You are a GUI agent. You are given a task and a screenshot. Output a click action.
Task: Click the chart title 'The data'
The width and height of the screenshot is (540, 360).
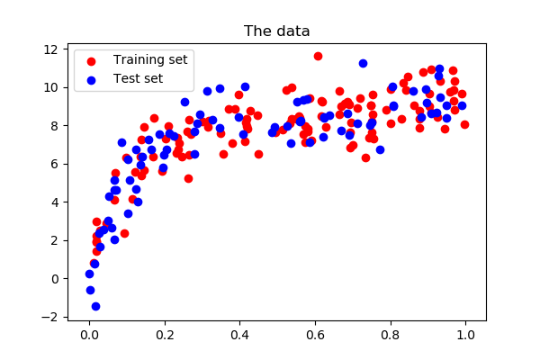[277, 31]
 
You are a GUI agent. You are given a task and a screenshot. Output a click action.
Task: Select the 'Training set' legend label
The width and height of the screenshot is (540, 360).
[150, 60]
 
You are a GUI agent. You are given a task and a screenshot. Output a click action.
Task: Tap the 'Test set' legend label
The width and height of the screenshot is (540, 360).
[138, 78]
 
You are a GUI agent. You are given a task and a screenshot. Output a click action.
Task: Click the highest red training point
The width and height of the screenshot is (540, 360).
[318, 56]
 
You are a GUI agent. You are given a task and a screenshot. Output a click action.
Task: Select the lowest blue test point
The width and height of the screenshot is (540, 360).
[95, 306]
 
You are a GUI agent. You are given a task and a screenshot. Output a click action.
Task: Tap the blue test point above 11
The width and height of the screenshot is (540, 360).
[363, 63]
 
